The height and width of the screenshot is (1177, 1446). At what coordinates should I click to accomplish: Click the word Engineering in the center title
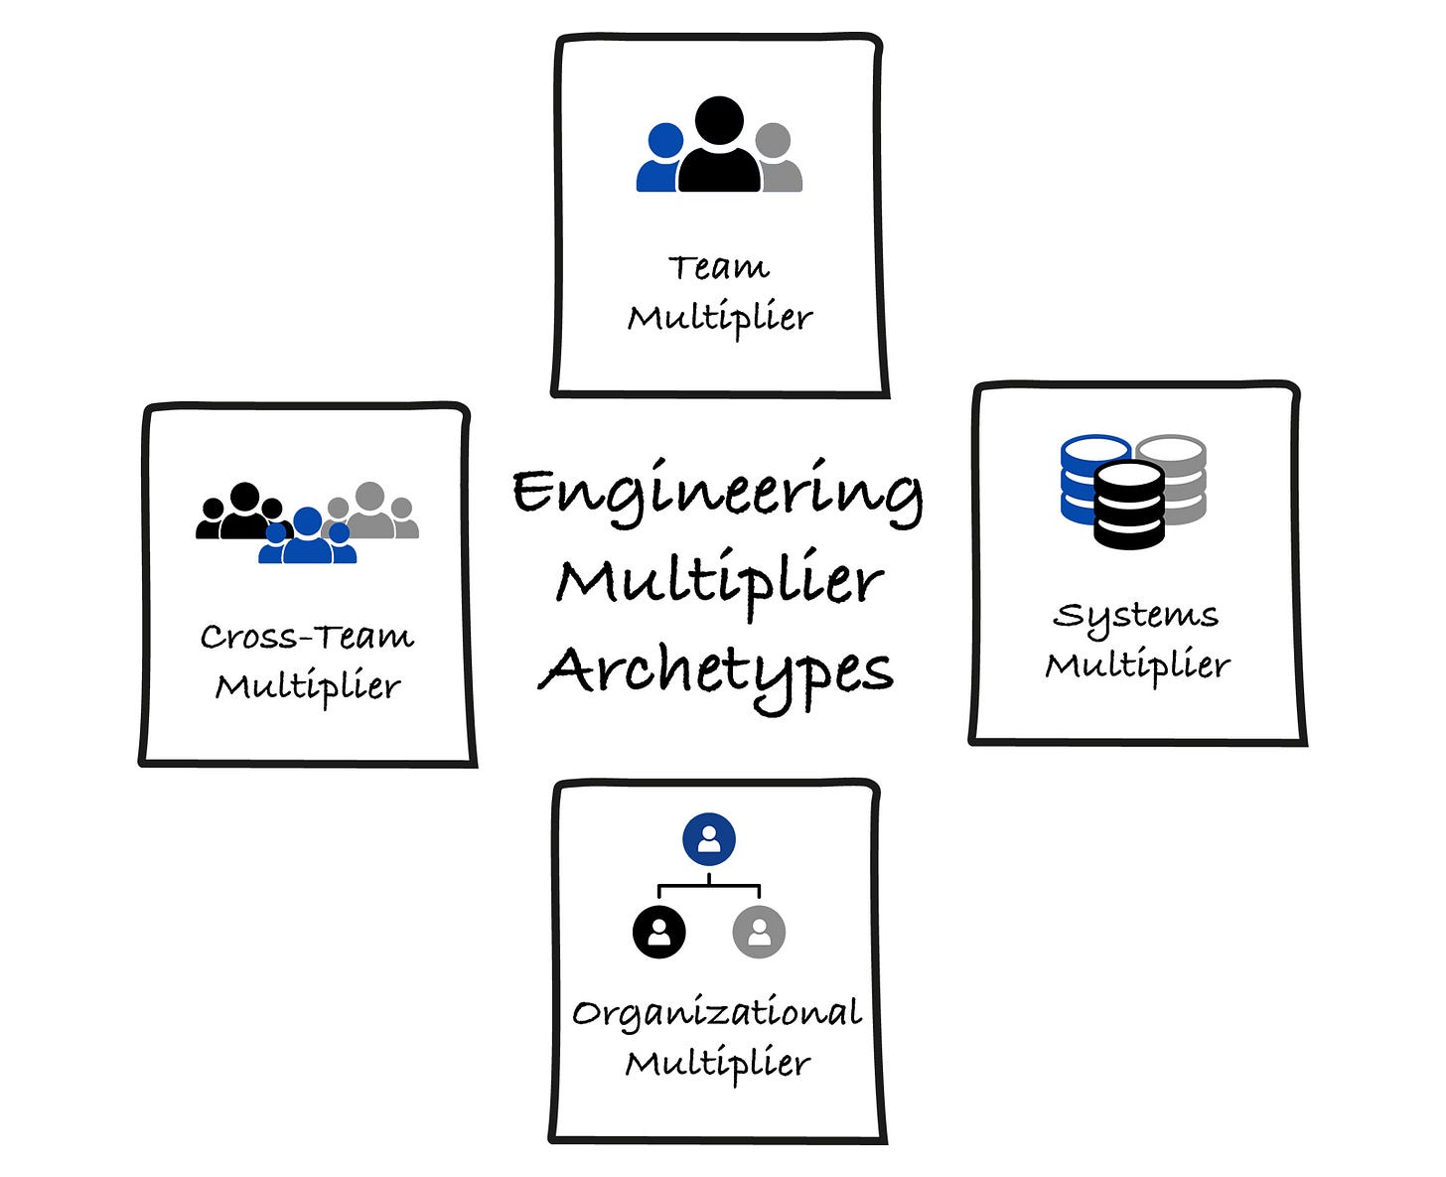(x=717, y=493)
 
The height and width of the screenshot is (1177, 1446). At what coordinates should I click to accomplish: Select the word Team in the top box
(x=718, y=267)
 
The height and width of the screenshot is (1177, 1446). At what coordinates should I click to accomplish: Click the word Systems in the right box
(x=1135, y=616)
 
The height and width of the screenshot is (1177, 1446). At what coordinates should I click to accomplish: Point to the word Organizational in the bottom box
(x=717, y=1013)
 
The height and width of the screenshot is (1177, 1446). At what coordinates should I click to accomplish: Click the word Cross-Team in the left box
(x=307, y=636)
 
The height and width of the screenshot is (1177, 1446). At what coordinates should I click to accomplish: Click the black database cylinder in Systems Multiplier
(x=1128, y=505)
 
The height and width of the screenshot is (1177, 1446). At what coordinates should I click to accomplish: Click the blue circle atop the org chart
(x=709, y=839)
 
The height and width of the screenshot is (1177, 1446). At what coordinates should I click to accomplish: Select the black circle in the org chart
(x=659, y=932)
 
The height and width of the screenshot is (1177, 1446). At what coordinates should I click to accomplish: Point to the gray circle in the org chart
(x=759, y=932)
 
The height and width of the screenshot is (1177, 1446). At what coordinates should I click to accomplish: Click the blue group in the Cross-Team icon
(x=307, y=538)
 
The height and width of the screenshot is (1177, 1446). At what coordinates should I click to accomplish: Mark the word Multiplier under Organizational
(x=717, y=1063)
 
